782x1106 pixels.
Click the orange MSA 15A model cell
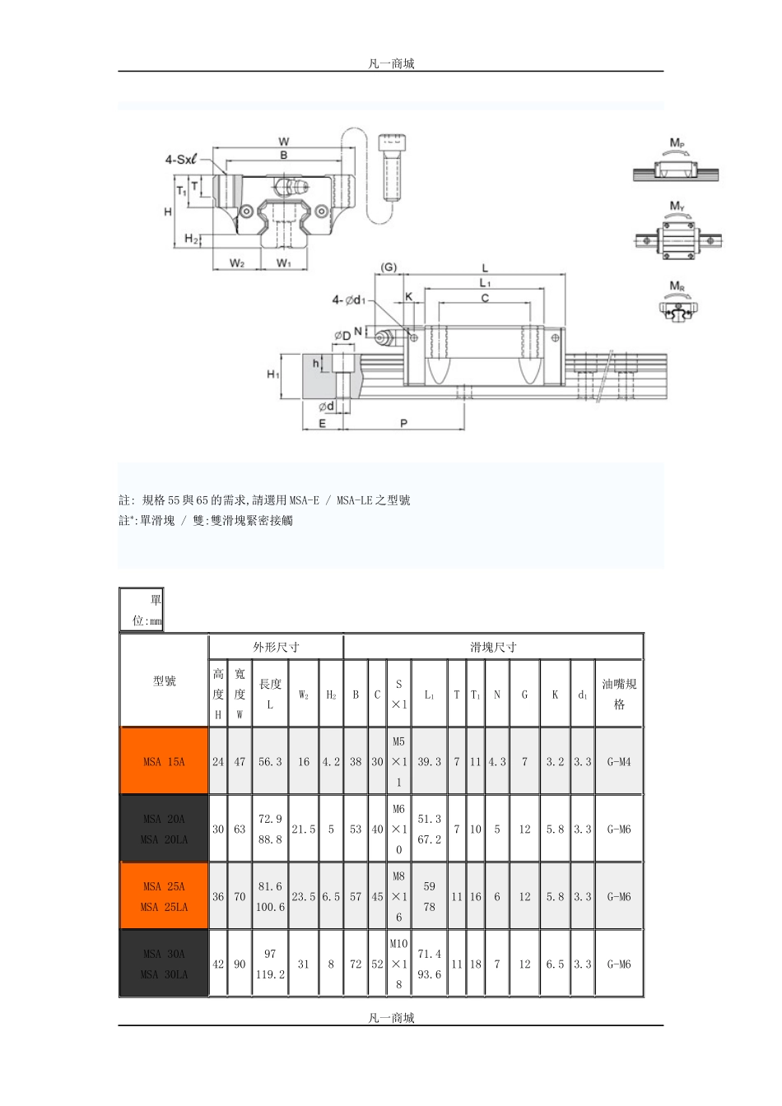[164, 761]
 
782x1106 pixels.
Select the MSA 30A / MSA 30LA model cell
[164, 964]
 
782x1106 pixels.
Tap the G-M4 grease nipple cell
[619, 761]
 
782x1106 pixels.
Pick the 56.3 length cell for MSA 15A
[270, 761]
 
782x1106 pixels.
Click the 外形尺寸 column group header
[276, 647]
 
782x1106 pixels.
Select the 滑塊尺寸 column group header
[493, 647]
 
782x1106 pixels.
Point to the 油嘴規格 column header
[619, 694]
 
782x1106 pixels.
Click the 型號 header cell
[164, 681]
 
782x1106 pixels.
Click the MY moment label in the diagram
[677, 206]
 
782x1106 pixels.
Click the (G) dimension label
[389, 267]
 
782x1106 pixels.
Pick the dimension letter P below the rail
[403, 423]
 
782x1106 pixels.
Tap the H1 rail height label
[273, 374]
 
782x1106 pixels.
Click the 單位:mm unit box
[142, 610]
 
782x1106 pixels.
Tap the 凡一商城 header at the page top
[391, 63]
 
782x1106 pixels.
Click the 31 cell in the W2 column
[304, 964]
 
